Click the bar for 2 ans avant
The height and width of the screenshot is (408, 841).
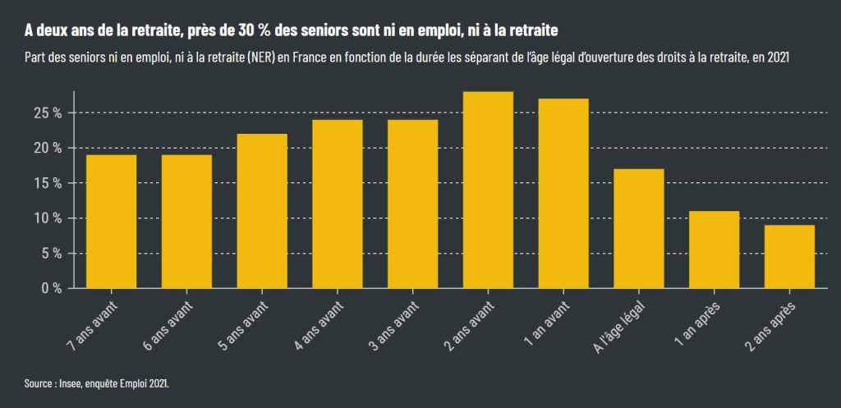point(488,190)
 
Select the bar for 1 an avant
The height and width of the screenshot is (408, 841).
point(563,194)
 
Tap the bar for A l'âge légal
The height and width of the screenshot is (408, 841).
point(639,228)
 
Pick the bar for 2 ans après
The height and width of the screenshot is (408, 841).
point(790,256)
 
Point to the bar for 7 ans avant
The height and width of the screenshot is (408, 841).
point(111,222)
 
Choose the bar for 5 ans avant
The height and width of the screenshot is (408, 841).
point(262,211)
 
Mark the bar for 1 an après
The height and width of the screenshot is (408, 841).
point(715,250)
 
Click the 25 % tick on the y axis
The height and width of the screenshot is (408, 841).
point(46,112)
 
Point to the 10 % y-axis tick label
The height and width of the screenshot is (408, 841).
point(46,218)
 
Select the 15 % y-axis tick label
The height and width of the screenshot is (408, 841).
point(46,183)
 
